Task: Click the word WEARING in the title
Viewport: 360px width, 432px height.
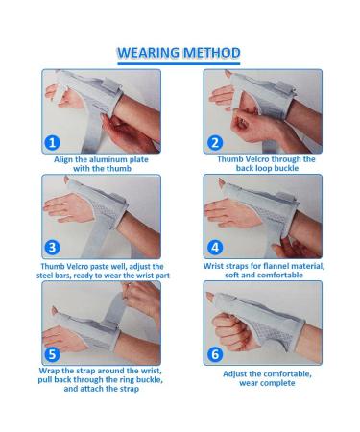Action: click(x=148, y=53)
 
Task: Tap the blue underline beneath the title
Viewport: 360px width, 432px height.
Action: click(x=179, y=63)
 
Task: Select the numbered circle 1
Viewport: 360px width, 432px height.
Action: click(x=52, y=142)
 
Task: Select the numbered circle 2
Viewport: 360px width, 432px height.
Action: click(x=215, y=142)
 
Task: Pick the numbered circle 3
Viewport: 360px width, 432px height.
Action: click(x=52, y=248)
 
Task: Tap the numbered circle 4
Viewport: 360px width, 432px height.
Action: click(x=215, y=247)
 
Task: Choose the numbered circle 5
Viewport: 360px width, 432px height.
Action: click(x=52, y=354)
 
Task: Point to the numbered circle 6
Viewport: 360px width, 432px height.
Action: click(x=215, y=354)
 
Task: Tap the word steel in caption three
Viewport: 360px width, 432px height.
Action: click(x=45, y=276)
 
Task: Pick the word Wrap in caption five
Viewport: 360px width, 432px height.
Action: click(x=49, y=371)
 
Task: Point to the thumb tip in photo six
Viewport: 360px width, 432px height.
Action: click(x=209, y=296)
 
